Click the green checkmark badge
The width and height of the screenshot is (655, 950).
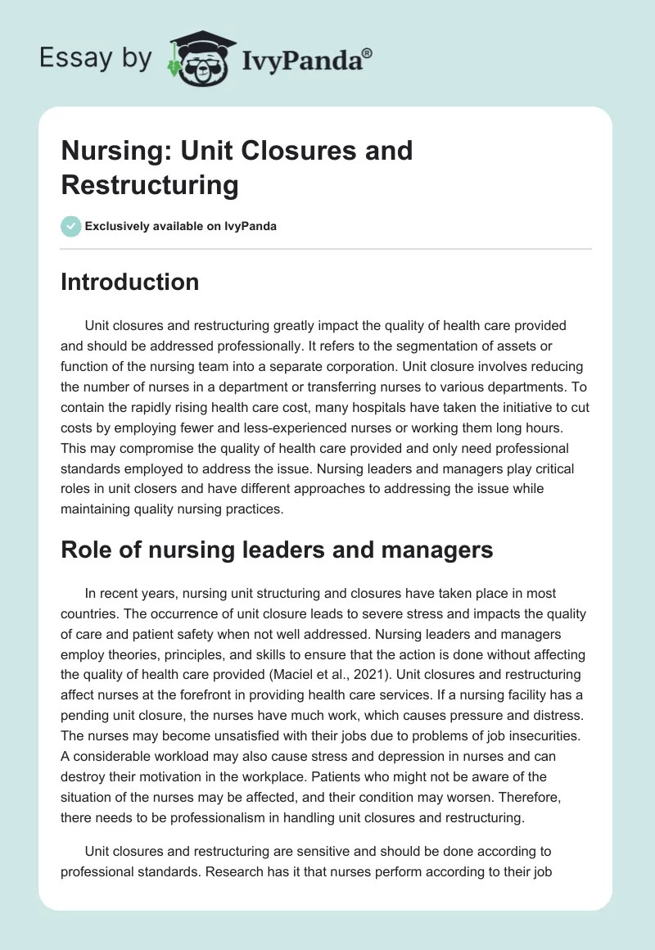click(71, 226)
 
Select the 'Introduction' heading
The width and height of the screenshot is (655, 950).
click(129, 283)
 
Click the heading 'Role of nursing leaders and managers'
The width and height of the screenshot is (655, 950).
click(277, 550)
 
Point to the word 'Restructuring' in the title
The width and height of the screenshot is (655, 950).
click(149, 185)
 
